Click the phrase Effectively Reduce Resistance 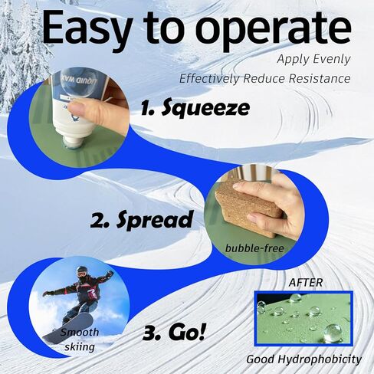point(264,78)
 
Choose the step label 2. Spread point(141,220)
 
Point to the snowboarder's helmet point(82,272)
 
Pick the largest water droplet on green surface point(332,331)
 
